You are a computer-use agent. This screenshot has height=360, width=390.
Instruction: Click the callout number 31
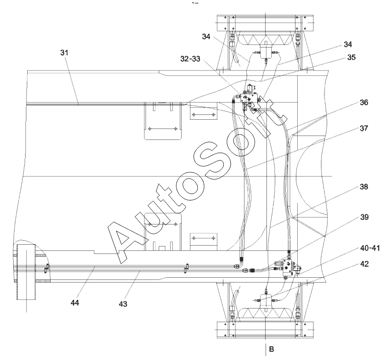(x=64, y=53)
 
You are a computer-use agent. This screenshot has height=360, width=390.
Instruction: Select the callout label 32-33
(x=190, y=59)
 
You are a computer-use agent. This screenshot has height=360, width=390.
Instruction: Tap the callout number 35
(x=351, y=57)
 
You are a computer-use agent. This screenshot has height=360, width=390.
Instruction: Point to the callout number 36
(x=364, y=103)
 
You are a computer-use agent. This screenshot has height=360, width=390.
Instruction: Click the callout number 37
(x=364, y=128)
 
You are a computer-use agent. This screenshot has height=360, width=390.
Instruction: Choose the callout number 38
(x=364, y=187)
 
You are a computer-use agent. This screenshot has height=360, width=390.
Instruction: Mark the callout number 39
(x=364, y=217)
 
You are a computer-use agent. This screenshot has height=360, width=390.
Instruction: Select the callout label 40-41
(x=370, y=248)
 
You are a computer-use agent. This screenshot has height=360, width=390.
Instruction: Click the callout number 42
(x=364, y=264)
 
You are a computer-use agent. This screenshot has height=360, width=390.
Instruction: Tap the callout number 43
(x=123, y=304)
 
